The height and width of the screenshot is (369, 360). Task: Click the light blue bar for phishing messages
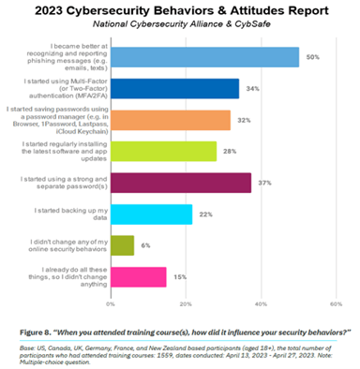pyautogui.click(x=204, y=57)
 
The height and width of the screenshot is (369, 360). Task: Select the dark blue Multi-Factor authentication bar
pyautogui.click(x=174, y=89)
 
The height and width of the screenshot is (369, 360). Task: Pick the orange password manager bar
pyautogui.click(x=171, y=120)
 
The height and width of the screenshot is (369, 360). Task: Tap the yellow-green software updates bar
pyautogui.click(x=163, y=152)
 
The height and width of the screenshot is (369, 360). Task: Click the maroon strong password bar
pyautogui.click(x=180, y=183)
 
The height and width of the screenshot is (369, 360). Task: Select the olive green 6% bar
pyautogui.click(x=122, y=245)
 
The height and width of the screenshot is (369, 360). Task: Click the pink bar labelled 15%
pyautogui.click(x=139, y=277)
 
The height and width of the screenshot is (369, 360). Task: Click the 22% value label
pyautogui.click(x=204, y=215)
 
